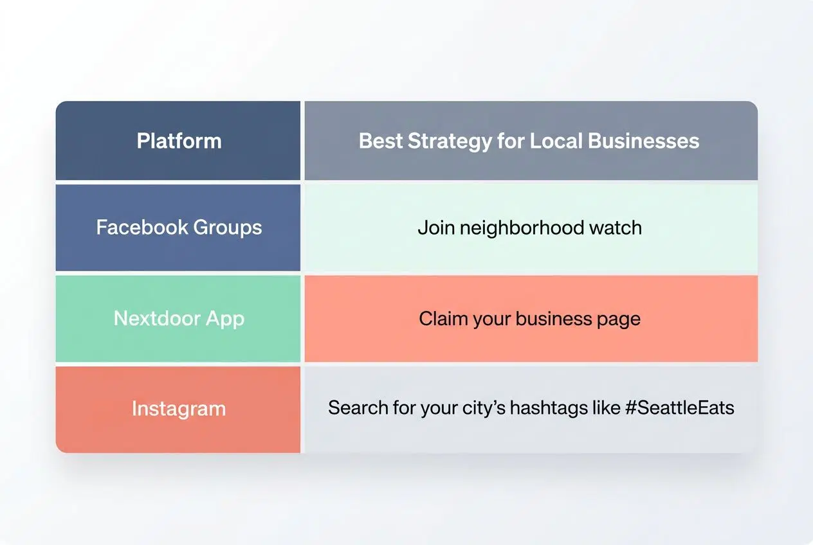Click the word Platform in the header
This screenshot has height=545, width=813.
tap(179, 141)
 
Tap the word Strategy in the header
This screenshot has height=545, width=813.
tap(450, 141)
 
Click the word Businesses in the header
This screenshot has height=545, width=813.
tap(645, 141)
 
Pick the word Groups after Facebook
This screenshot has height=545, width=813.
tap(228, 228)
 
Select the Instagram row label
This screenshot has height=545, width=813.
tap(179, 409)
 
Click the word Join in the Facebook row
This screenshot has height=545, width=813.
tap(433, 228)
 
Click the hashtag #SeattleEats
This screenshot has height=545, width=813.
tap(679, 407)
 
